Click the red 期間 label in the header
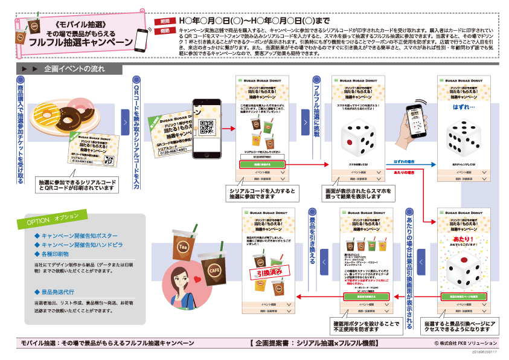(165, 21)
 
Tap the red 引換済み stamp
(263, 273)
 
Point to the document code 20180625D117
(481, 352)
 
